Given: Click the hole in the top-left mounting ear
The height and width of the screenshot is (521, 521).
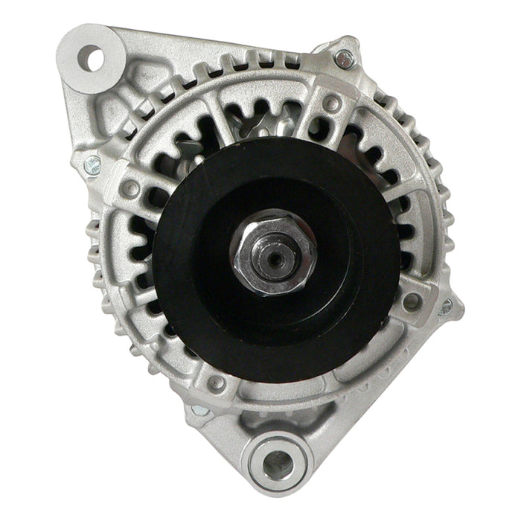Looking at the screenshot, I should click(x=92, y=58).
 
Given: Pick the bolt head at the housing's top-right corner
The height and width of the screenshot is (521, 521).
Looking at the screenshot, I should click(x=344, y=57).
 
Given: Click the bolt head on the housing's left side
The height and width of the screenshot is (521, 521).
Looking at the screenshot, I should click(x=92, y=165).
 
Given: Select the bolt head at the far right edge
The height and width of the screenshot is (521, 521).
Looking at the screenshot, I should click(x=447, y=305).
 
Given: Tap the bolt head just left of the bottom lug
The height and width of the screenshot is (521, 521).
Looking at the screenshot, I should click(x=199, y=410).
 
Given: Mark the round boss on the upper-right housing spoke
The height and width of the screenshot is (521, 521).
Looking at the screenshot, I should click(x=333, y=103).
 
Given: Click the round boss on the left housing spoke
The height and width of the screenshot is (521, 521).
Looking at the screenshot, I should click(x=130, y=189).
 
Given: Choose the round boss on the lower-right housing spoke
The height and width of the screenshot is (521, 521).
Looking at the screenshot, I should click(x=410, y=301).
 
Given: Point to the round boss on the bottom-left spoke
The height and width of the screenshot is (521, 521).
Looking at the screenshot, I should click(x=217, y=383).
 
